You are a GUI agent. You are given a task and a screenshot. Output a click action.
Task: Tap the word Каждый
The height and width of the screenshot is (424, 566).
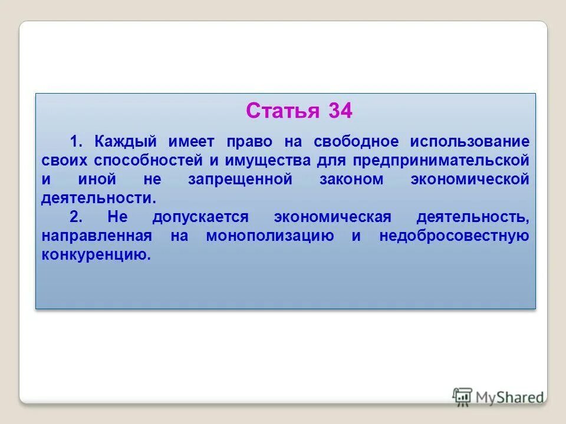[x=128, y=141]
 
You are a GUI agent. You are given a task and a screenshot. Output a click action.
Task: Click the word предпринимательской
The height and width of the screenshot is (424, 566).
[x=440, y=160]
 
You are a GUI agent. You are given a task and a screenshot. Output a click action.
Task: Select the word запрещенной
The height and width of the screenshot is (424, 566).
[x=240, y=179]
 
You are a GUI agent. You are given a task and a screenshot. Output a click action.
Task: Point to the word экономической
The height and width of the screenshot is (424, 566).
[x=470, y=179]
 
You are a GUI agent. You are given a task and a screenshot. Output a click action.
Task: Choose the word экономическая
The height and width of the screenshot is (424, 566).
[x=332, y=217]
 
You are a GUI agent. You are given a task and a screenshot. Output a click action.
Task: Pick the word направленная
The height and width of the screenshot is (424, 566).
[x=97, y=236]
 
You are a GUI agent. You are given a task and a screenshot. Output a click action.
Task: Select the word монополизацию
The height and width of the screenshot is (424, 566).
[x=270, y=236]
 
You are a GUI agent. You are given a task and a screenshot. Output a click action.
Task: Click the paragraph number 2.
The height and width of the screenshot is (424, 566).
[x=75, y=217]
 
